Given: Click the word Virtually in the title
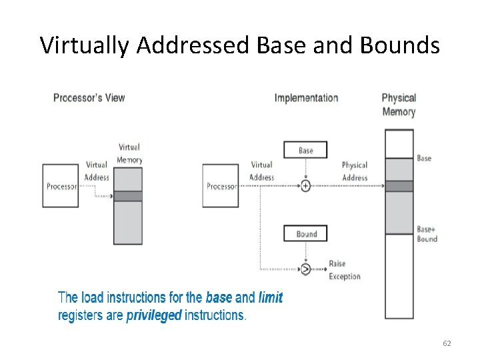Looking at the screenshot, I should pos(84,45).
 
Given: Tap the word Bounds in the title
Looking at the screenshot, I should pos(399,45).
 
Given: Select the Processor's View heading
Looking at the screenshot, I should pos(89,98).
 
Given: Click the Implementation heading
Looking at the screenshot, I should pos(306,98).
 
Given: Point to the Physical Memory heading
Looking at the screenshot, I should pos(399,105).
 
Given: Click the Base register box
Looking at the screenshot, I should pos(305,150).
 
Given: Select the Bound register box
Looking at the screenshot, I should pos(305,233).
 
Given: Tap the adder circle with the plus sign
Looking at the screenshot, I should pos(305,186).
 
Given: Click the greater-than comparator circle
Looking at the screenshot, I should pos(305,269).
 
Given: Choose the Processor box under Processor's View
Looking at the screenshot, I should pos(61,186).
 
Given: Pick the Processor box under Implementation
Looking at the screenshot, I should pos(221,186).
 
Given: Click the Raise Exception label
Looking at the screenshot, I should pos(344,270).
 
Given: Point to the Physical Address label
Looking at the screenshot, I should pos(355,171).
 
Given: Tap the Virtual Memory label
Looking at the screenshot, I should pos(129,153).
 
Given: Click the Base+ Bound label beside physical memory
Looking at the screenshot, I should pos(427,234).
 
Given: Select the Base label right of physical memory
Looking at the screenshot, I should pos(424,159).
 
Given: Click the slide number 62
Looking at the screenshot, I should pos(447,343).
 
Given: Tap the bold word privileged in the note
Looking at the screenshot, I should pos(154,315).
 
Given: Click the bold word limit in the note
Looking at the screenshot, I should pos(271,298).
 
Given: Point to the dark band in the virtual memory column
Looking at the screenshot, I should pos(127,196).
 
